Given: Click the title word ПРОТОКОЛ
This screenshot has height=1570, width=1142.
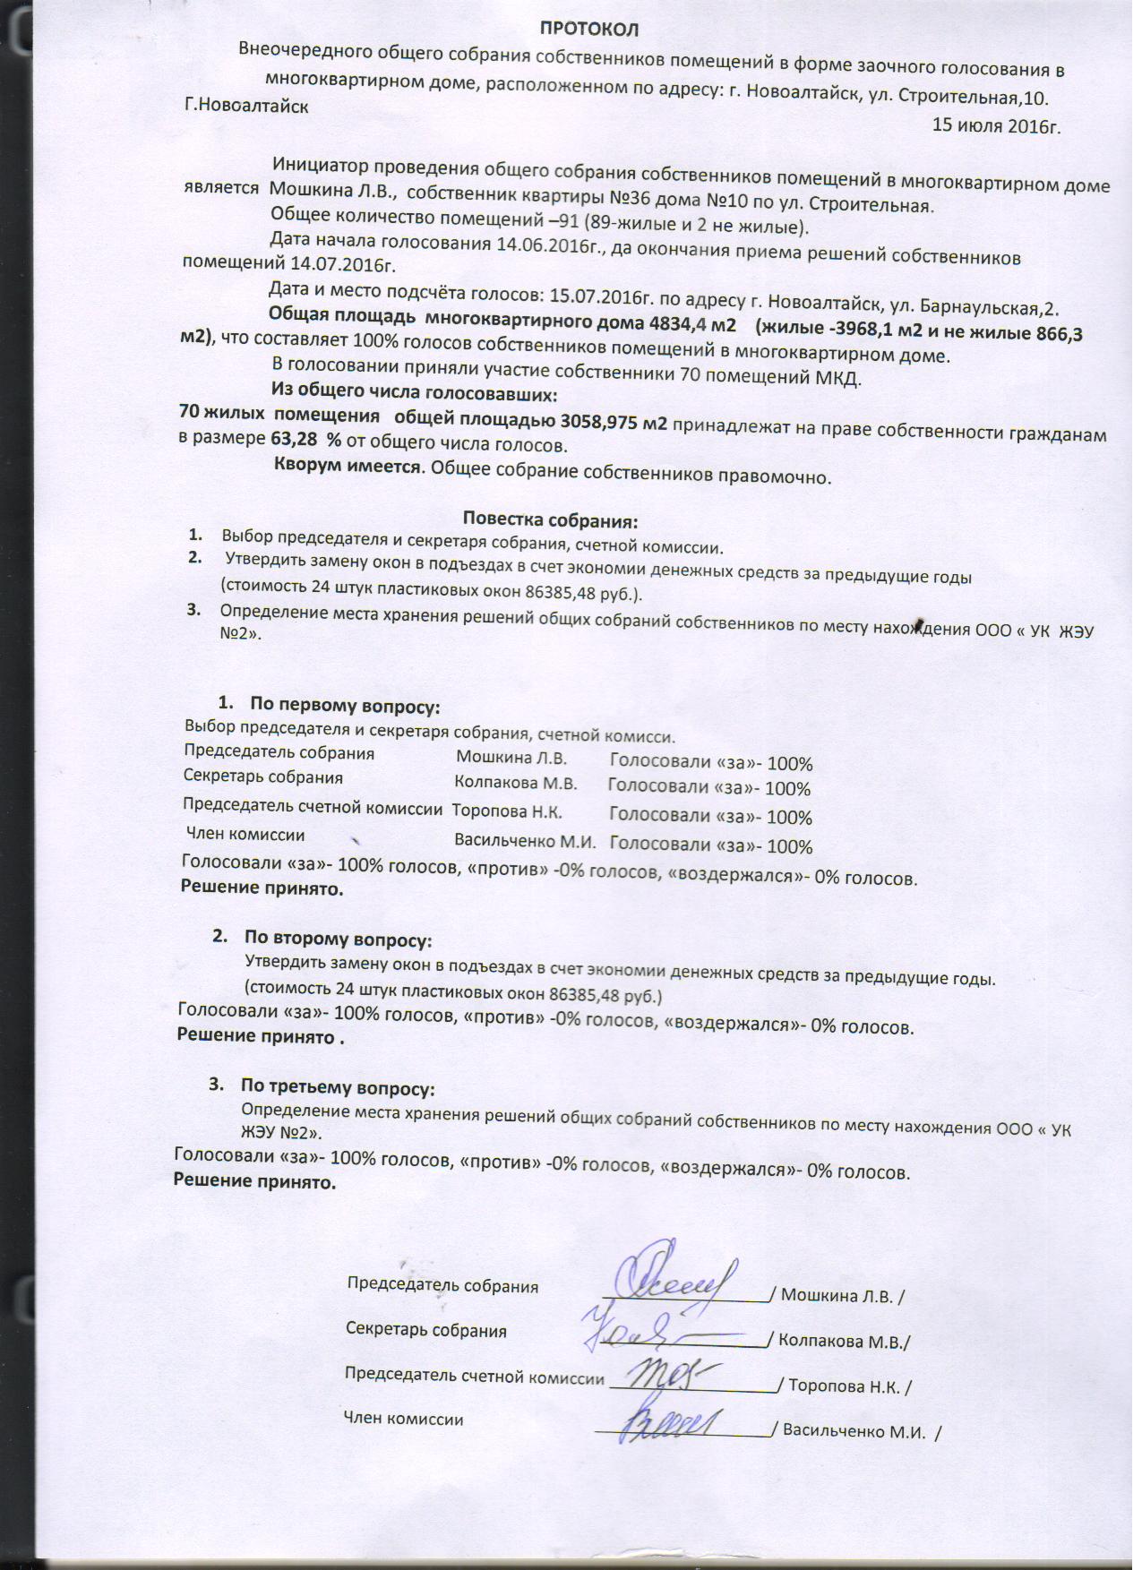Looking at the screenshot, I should click(x=588, y=30).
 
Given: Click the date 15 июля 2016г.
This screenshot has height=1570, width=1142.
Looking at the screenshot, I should click(x=996, y=125).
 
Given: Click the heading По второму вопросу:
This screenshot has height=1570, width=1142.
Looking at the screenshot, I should click(x=338, y=939).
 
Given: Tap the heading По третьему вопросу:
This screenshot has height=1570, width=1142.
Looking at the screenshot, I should click(x=337, y=1088).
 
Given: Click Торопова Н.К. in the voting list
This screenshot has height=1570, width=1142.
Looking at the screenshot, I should click(x=507, y=811).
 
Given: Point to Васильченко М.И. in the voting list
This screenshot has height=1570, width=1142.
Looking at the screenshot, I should click(x=526, y=841).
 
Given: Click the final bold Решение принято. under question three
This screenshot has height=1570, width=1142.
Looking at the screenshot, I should click(x=254, y=1182).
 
